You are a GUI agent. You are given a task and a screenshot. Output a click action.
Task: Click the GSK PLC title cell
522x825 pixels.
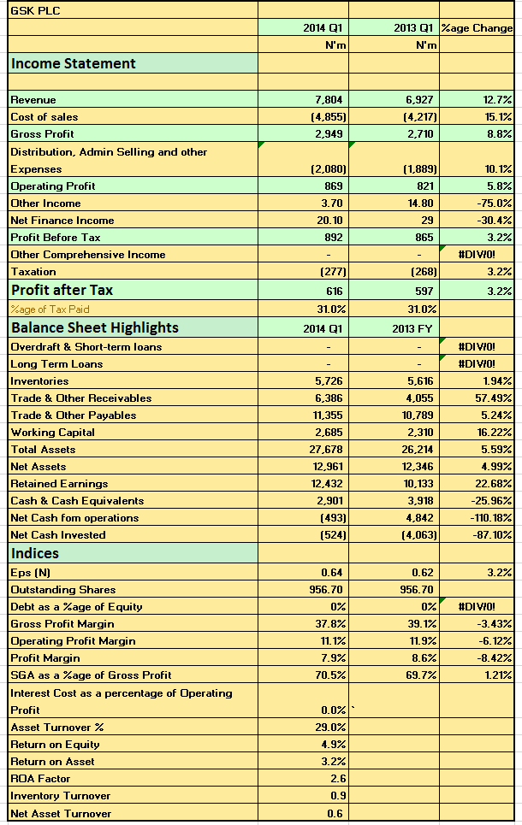point(35,10)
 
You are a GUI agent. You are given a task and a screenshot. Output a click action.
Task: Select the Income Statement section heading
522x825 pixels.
point(74,63)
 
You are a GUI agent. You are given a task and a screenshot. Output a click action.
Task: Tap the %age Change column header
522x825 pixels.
point(477,28)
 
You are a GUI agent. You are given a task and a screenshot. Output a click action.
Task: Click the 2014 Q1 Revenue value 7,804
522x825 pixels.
point(329,99)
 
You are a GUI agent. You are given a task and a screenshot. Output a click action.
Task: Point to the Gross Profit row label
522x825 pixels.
point(42,133)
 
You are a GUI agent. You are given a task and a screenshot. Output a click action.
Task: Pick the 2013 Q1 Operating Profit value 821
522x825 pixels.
point(424,186)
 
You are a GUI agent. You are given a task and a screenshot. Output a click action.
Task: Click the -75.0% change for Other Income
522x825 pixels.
point(495,203)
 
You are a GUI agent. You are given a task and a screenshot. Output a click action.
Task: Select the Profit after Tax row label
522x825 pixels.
point(62,290)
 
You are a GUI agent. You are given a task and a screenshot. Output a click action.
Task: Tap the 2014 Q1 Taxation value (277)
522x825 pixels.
point(333,272)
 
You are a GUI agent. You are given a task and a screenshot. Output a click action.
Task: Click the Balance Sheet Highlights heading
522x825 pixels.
point(95,327)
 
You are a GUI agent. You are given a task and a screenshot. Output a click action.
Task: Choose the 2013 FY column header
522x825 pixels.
point(412,329)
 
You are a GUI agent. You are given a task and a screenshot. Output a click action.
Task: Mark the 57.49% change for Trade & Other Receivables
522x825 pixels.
point(494,398)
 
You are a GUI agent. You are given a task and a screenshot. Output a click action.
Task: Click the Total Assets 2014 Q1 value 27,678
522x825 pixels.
point(325,450)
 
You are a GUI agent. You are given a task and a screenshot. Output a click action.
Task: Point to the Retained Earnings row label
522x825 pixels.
point(59,484)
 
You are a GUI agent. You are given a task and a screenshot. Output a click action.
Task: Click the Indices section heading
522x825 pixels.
point(35,553)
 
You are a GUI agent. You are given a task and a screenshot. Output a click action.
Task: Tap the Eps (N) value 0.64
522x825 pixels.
point(332,573)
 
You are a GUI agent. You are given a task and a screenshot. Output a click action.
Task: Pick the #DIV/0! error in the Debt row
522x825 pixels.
point(477,607)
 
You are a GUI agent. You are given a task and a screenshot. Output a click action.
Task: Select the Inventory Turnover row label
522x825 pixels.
point(61,796)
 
